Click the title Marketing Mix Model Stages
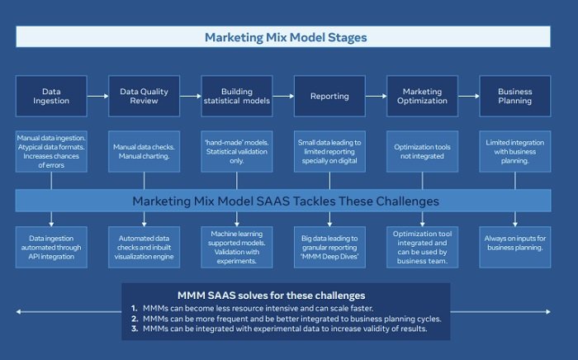click(285, 37)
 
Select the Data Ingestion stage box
click(51, 96)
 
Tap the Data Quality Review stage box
click(144, 96)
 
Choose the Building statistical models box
click(237, 96)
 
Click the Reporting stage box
click(329, 96)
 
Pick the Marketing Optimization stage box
click(422, 96)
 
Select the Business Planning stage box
click(515, 96)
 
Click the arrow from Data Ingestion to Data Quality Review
click(97, 96)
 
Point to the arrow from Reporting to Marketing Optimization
click(376, 96)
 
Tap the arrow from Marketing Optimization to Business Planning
click(468, 96)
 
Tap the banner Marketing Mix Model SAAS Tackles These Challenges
click(285, 201)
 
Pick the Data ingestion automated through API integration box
click(51, 244)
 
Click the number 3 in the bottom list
click(134, 329)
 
